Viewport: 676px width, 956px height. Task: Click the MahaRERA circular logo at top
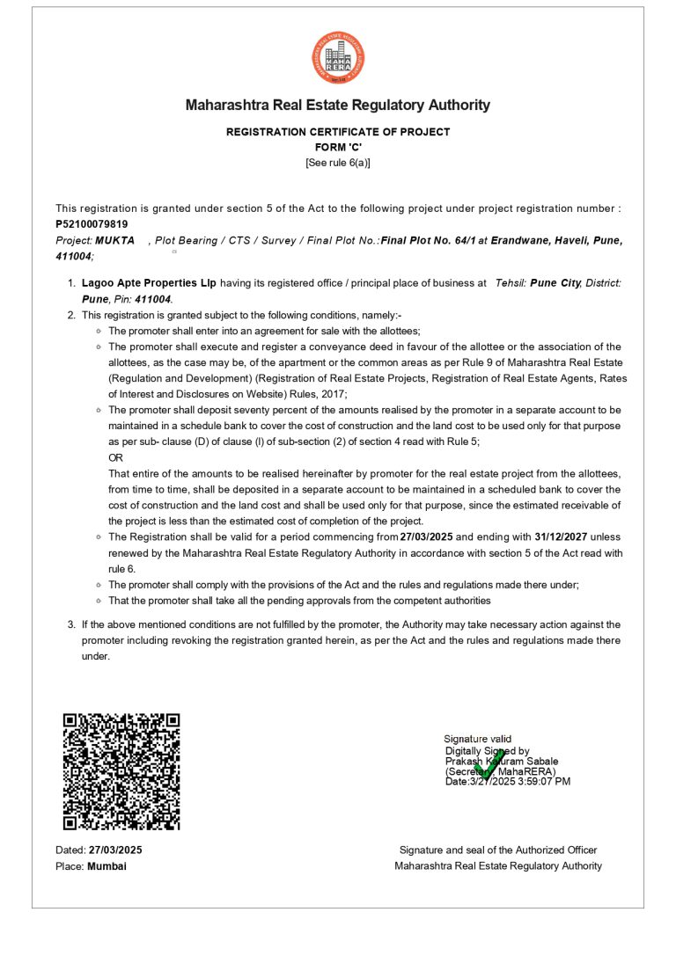point(338,58)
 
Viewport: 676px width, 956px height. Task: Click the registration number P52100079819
point(92,224)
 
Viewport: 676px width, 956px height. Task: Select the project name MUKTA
point(115,240)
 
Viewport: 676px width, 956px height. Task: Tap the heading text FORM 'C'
point(338,147)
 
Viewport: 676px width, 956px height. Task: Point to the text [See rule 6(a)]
point(338,163)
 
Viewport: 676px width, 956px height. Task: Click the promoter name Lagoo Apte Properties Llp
point(149,283)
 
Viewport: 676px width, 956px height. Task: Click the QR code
point(121,771)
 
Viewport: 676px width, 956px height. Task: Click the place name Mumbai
point(107,866)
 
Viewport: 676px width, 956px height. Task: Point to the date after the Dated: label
point(115,850)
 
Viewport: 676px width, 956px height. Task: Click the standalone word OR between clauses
point(115,457)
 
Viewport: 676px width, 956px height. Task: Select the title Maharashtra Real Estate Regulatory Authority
point(338,106)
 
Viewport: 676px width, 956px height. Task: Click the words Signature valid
point(477,739)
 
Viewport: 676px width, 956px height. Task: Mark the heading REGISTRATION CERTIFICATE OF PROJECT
point(338,132)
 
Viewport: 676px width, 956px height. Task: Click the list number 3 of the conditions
point(71,624)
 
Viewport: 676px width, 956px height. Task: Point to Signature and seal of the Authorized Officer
point(498,850)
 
